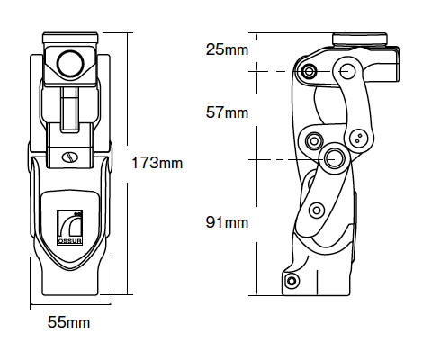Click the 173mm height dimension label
157,163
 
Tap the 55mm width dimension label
68,322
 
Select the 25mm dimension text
227,49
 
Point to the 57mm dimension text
227,112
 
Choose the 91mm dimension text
227,222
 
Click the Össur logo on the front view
70,228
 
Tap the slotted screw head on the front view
69,157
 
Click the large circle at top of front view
71,64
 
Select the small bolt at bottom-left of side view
292,281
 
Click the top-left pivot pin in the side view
310,71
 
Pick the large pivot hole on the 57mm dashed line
348,71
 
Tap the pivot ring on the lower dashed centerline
333,158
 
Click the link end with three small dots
359,139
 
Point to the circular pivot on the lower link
317,210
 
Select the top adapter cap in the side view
359,40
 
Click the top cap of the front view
70,38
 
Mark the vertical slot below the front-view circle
70,110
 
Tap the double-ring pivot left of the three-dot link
314,140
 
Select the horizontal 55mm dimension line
71,305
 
